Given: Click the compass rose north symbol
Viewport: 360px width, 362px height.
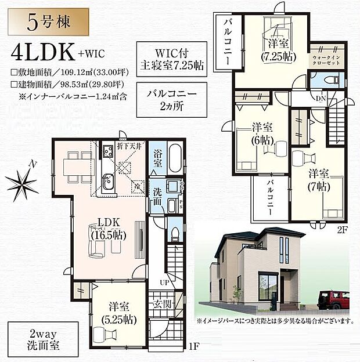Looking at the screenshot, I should point(21,184).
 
